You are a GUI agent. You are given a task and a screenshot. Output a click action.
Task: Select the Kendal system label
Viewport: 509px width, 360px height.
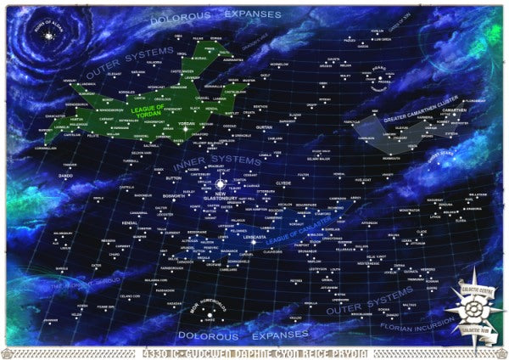130,222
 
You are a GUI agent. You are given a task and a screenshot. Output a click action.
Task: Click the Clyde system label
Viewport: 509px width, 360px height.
283,182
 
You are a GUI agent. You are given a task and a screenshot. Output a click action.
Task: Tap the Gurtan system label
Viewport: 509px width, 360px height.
263,127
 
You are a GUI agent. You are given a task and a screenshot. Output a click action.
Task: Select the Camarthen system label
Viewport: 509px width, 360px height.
455,110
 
